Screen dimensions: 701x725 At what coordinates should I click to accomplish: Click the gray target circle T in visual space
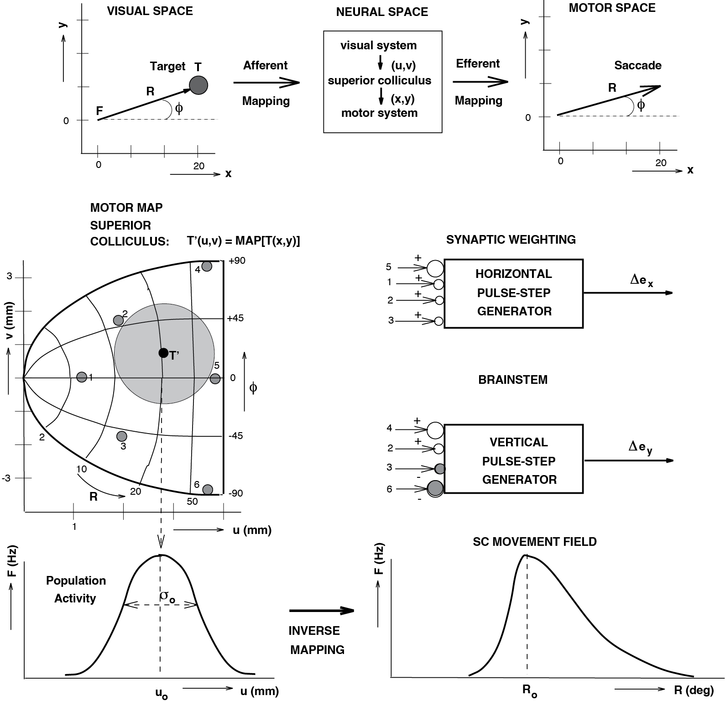198,85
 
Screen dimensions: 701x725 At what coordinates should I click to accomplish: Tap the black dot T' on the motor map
163,353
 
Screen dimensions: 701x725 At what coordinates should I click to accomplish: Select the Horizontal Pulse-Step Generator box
513,293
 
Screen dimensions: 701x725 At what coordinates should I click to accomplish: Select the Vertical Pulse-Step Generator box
513,459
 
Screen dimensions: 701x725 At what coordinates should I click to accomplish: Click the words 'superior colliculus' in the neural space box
379,81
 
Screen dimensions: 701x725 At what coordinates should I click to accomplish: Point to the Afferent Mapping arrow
266,83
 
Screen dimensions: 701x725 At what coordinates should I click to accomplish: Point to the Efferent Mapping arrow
480,82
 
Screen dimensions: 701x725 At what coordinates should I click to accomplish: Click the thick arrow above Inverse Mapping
322,611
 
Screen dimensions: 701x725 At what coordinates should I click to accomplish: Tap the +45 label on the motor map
236,318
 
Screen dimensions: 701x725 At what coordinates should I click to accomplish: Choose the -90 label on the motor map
236,493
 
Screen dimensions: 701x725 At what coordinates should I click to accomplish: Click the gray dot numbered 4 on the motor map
207,266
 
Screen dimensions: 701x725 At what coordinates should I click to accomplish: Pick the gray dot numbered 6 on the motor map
208,490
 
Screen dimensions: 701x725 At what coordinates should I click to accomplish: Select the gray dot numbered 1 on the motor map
82,377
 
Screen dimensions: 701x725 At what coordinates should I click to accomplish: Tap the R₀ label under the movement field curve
529,691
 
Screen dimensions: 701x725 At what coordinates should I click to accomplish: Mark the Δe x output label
642,281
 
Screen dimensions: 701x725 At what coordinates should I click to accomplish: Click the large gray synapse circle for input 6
435,489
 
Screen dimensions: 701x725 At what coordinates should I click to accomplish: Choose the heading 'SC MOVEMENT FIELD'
535,542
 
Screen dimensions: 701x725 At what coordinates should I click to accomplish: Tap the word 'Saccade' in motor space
637,65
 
